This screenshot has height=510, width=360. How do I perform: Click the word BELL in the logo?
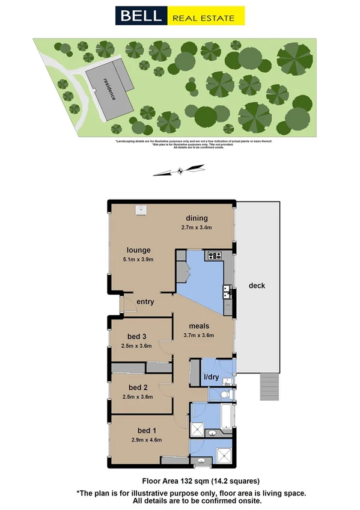(x=141, y=16)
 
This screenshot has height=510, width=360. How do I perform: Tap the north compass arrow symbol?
(x=179, y=172)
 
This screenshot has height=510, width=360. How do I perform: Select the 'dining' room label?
(x=196, y=218)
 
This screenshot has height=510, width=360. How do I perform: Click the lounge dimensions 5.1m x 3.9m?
(x=138, y=260)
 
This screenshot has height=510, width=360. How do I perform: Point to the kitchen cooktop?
(x=215, y=256)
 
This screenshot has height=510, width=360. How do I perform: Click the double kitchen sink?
(x=227, y=293)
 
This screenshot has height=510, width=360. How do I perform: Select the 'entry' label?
(x=145, y=302)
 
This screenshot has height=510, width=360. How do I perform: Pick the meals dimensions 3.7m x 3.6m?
(x=198, y=336)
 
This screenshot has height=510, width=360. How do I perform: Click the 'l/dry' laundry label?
(x=212, y=377)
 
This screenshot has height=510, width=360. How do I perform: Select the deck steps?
(x=269, y=386)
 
